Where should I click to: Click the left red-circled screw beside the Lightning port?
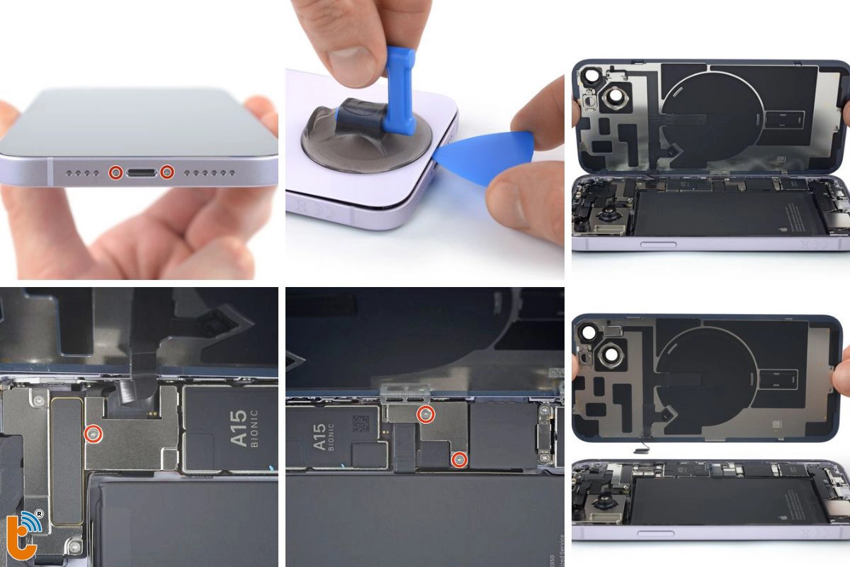coord(114,172)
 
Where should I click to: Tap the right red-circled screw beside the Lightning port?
coord(167,172)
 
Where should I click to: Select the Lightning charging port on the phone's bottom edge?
coord(140,172)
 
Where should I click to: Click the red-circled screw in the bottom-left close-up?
coord(92,433)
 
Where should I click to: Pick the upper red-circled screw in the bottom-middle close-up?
coord(426,415)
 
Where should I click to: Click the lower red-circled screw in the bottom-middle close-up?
coord(460,460)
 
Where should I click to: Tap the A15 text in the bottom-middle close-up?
coord(319,437)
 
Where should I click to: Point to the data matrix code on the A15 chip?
coord(360,424)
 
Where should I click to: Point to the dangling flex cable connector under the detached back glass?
coord(641,448)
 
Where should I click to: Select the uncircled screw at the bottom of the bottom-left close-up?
coord(74,544)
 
